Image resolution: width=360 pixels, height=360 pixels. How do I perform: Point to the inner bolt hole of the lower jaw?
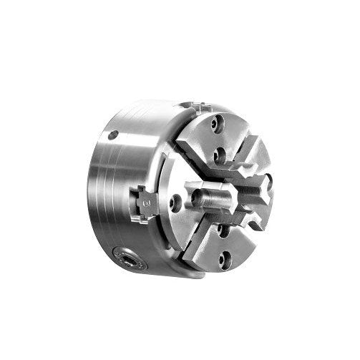(223, 230)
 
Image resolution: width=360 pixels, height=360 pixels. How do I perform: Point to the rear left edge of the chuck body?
(92, 193)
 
